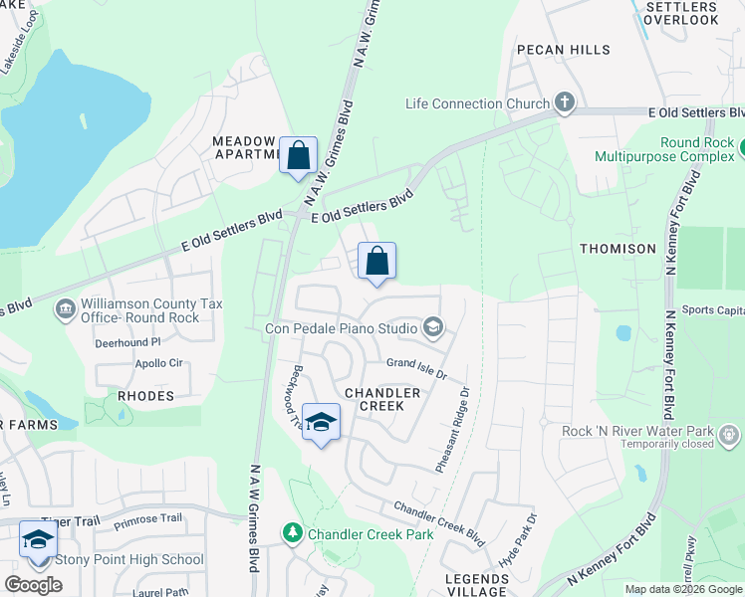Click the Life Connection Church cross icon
pyautogui.click(x=565, y=102)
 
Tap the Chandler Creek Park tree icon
pyautogui.click(x=292, y=534)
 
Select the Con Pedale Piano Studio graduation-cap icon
pyautogui.click(x=432, y=326)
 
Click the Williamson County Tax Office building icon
pyautogui.click(x=66, y=310)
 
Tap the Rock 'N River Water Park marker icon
pyautogui.click(x=729, y=435)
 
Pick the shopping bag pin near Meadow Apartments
pyautogui.click(x=298, y=155)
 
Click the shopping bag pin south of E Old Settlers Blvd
pyautogui.click(x=377, y=261)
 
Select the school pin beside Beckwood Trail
pyautogui.click(x=321, y=422)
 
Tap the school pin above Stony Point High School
pyautogui.click(x=38, y=539)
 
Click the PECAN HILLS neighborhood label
pyautogui.click(x=563, y=49)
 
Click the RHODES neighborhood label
pyautogui.click(x=145, y=396)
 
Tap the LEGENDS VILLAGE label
pyautogui.click(x=477, y=585)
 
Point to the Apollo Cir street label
pyautogui.click(x=159, y=363)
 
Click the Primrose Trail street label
pyautogui.click(x=148, y=518)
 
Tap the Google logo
pyautogui.click(x=33, y=585)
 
